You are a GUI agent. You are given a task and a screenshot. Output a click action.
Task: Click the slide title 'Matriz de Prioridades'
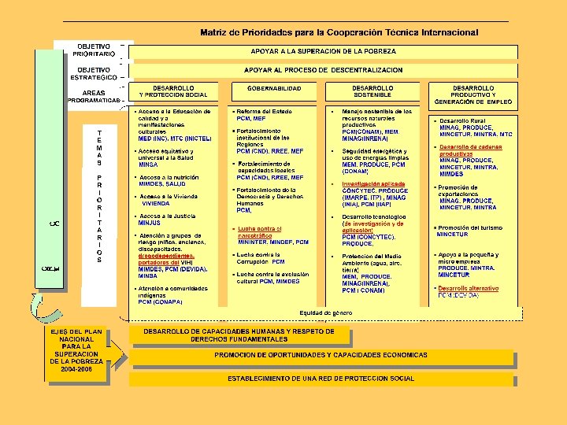(339, 32)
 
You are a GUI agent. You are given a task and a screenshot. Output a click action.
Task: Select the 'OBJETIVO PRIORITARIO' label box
(93, 50)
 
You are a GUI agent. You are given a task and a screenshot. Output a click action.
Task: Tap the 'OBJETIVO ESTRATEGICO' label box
(93, 73)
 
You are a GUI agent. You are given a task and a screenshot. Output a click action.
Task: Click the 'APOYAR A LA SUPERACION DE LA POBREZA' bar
(322, 51)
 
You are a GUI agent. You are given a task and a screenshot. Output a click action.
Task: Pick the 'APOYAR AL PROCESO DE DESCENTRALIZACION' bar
(322, 70)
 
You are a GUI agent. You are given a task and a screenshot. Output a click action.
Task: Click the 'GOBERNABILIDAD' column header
(274, 89)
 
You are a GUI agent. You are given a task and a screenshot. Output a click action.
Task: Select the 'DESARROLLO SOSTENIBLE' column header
(372, 91)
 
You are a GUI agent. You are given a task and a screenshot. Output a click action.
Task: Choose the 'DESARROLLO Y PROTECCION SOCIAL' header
(174, 91)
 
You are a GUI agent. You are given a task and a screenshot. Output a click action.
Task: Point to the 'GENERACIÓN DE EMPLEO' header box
(473, 95)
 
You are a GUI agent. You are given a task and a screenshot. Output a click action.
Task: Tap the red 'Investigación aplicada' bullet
(374, 183)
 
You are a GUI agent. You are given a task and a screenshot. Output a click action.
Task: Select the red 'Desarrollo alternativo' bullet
(469, 289)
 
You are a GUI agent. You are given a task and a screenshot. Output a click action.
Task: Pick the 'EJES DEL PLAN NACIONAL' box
(77, 350)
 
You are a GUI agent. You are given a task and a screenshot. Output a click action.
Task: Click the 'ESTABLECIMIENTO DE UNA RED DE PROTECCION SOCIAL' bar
(321, 379)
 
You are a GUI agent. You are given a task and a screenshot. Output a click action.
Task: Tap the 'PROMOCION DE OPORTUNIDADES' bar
(321, 355)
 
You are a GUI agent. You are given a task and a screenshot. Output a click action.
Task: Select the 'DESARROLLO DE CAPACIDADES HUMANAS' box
(239, 334)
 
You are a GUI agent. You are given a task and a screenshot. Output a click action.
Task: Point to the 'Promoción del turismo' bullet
(469, 228)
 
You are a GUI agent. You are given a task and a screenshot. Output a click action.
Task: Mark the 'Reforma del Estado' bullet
(264, 113)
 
